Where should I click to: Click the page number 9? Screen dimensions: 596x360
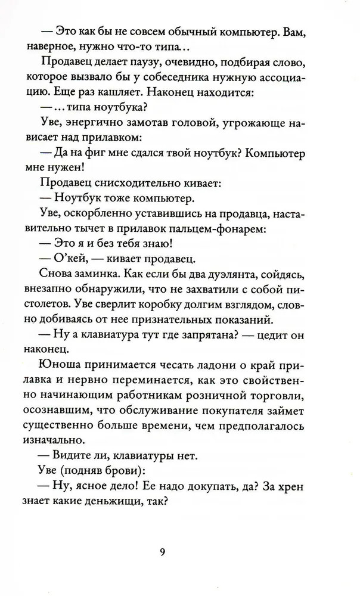pos(162,551)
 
